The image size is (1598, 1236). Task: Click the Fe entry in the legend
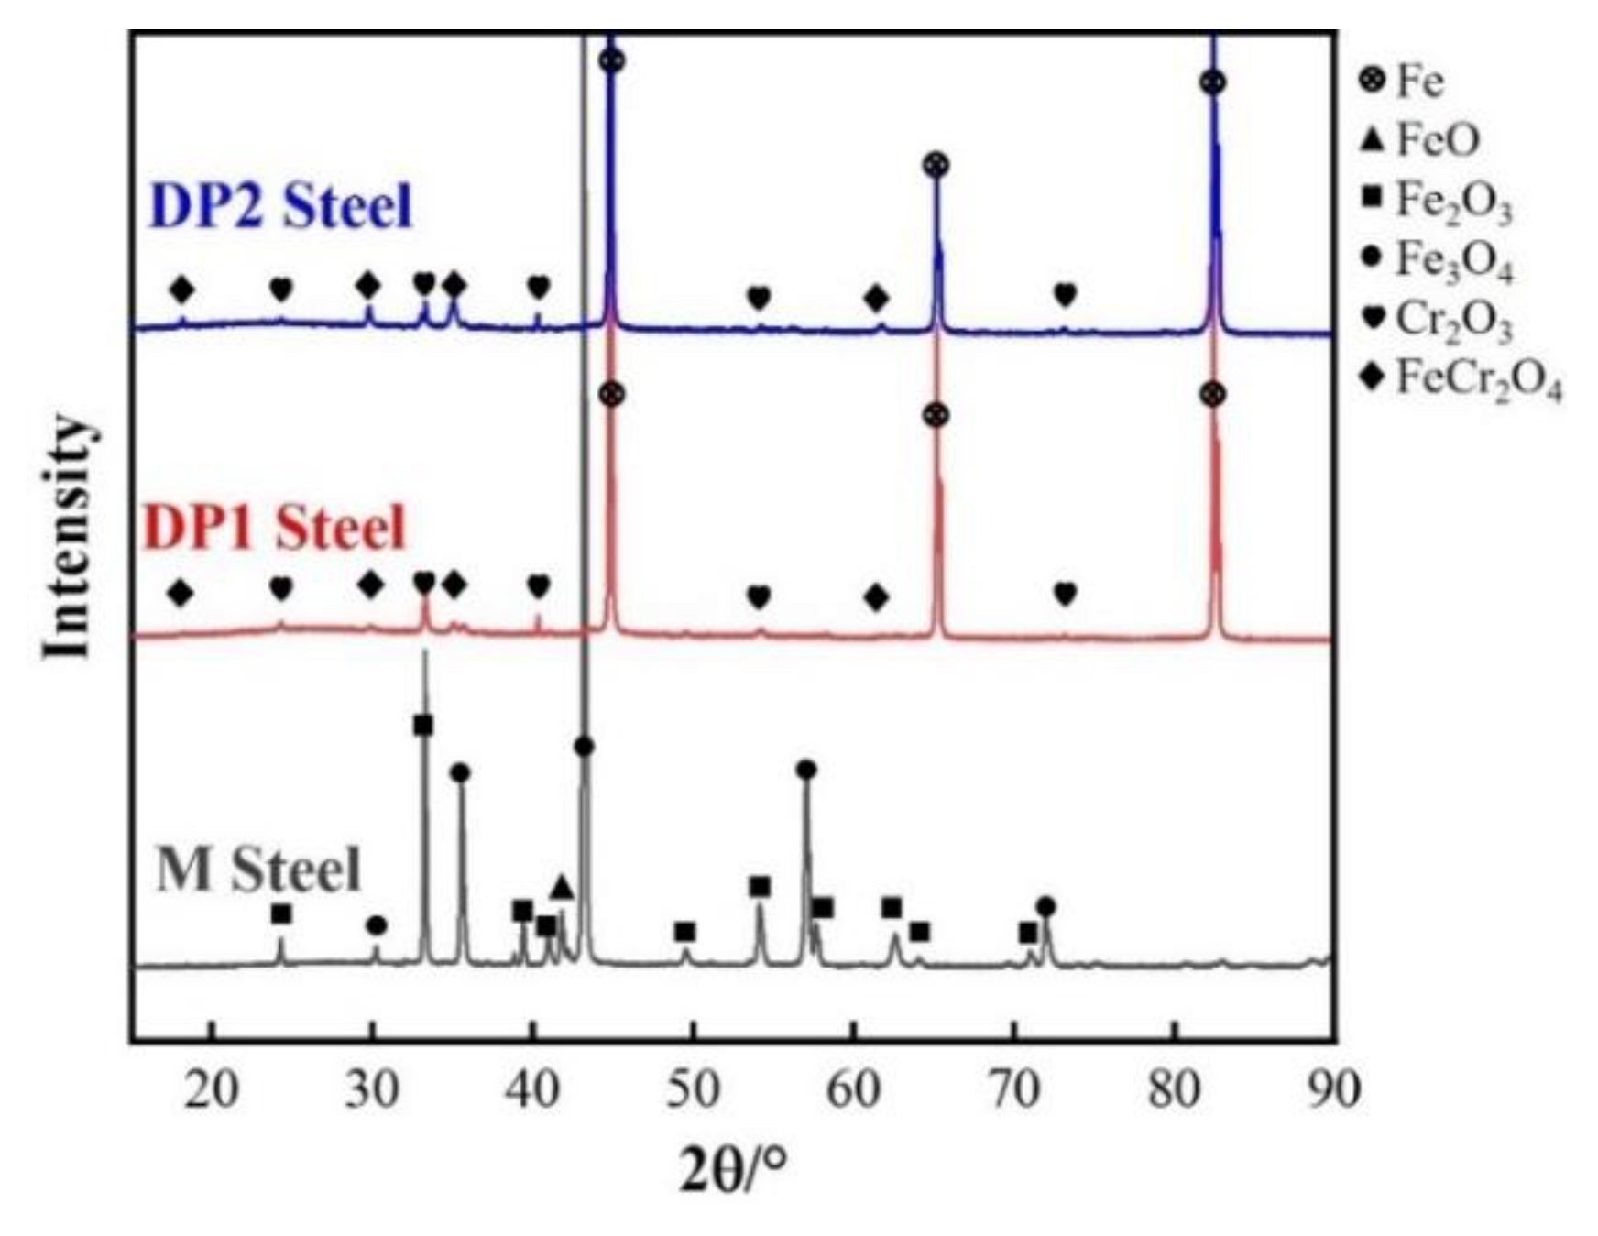point(1403,82)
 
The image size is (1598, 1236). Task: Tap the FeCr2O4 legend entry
point(1461,378)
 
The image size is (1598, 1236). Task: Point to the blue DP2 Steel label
point(280,206)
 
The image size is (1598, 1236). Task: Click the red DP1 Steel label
point(274,529)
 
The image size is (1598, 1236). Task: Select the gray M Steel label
point(259,870)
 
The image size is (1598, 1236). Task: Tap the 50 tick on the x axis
point(694,1090)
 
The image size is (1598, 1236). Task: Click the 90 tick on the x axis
point(1333,1090)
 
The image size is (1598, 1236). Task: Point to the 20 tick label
point(212,1090)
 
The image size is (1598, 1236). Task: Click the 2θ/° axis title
point(732,1169)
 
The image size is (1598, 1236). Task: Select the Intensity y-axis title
point(69,536)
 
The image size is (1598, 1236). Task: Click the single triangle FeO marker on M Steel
point(563,888)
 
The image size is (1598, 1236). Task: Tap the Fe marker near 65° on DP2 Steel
point(936,166)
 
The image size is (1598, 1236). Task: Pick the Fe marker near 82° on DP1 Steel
point(1212,395)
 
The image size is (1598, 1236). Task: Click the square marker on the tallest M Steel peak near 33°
point(423,726)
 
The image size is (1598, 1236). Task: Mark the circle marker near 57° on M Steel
point(806,770)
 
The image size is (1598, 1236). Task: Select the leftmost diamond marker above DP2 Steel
point(182,290)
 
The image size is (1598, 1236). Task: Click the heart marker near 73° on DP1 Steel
point(1065,594)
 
